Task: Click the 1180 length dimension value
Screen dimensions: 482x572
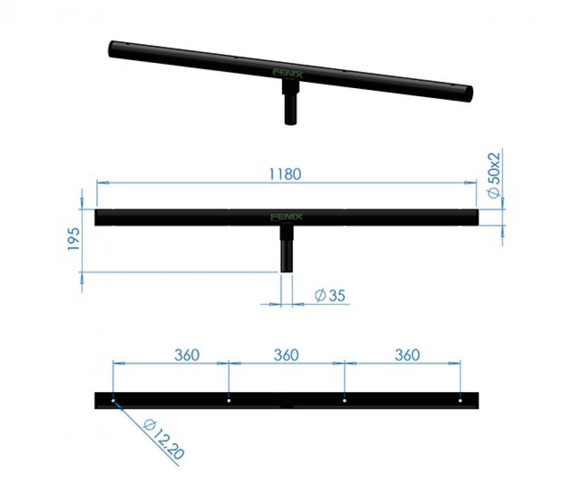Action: pyautogui.click(x=285, y=174)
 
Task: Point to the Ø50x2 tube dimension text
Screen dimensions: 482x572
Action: pyautogui.click(x=495, y=175)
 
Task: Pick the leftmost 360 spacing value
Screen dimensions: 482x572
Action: pyautogui.click(x=186, y=355)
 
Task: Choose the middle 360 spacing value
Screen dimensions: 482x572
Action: pyautogui.click(x=285, y=355)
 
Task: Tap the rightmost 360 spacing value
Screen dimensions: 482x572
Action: pyautogui.click(x=407, y=355)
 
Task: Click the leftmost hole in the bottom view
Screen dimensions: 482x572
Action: pyautogui.click(x=113, y=401)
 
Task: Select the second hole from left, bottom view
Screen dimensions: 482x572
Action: pyautogui.click(x=229, y=401)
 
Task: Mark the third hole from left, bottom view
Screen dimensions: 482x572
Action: pyautogui.click(x=344, y=401)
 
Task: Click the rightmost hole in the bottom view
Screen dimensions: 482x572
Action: pyautogui.click(x=460, y=401)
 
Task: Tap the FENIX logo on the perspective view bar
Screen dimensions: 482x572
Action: pyautogui.click(x=284, y=73)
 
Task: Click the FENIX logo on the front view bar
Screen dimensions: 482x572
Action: pyautogui.click(x=287, y=217)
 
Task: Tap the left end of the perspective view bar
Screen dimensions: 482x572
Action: pyautogui.click(x=113, y=49)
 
